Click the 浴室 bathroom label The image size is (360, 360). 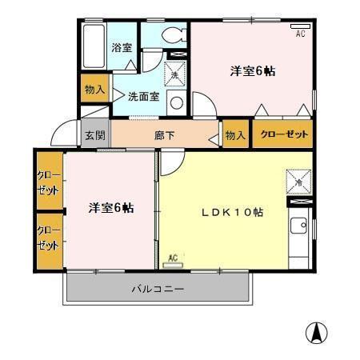coord(122,47)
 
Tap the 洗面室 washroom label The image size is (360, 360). coord(143,96)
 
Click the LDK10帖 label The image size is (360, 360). coord(231,213)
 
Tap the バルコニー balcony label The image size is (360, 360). coord(158,289)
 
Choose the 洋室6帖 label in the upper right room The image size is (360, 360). coord(253,71)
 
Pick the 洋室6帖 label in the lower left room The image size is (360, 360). coord(110,208)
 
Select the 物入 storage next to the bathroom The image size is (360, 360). coord(94,89)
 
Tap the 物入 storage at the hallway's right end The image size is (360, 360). coord(234,135)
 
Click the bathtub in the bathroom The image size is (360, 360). coord(94,46)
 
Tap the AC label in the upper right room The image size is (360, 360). coord(301,34)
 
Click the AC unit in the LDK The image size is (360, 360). coord(174,258)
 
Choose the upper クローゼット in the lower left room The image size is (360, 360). coord(48,182)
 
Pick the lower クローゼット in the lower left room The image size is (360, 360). coord(48,239)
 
